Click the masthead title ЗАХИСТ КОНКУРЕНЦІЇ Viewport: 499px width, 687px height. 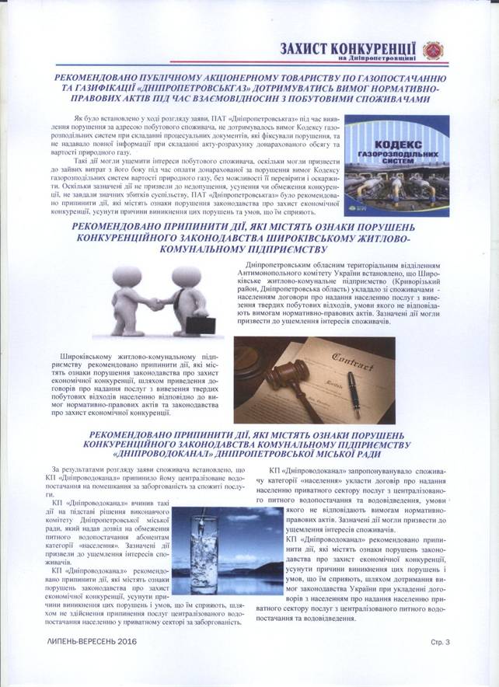coord(348,47)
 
